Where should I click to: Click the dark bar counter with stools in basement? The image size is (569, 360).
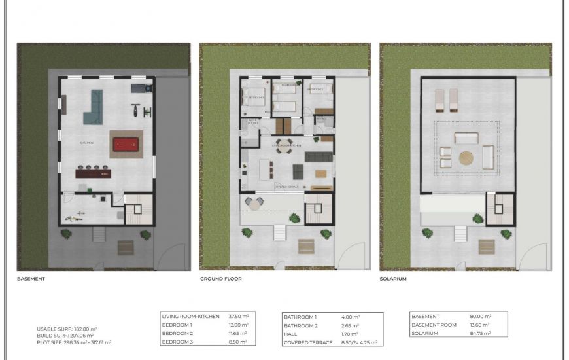coord(92,173)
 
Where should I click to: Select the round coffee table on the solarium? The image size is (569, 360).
coord(466,157)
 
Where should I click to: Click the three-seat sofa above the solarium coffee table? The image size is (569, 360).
coord(466,138)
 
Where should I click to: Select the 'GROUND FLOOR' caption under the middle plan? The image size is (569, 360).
coord(220,279)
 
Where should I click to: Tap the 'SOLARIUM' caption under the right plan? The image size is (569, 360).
coord(393,279)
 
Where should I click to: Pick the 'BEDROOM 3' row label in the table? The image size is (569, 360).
coord(177,342)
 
